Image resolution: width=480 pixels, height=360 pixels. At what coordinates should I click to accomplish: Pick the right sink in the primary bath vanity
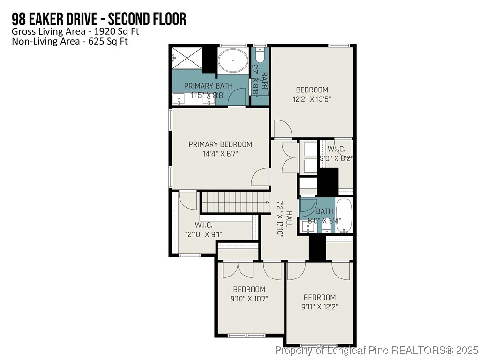207,99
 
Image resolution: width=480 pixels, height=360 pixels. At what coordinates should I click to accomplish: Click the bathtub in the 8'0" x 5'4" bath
345,216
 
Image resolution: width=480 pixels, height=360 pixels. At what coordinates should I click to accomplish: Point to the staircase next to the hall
230,202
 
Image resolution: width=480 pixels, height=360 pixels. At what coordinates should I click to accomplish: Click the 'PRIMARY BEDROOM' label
220,144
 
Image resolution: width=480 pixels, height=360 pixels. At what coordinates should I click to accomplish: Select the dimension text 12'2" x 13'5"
312,99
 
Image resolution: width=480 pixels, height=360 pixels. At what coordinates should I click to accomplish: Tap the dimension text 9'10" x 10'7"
249,299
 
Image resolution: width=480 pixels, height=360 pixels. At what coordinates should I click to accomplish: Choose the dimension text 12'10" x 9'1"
203,234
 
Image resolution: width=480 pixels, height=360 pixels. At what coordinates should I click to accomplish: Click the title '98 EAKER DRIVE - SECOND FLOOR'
99,19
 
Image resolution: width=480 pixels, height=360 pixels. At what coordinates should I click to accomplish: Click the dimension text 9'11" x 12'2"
319,307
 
